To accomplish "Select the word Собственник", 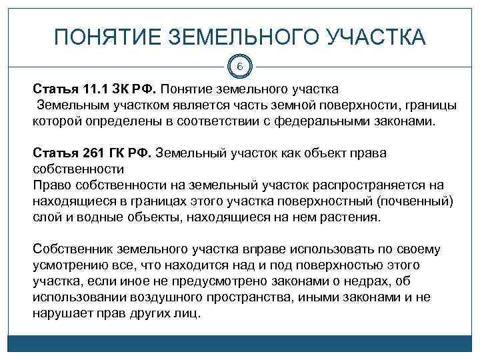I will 72,249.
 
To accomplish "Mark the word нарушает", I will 61,313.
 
